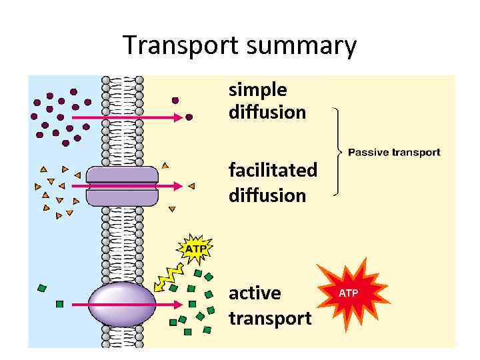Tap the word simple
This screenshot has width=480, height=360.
tap(258, 90)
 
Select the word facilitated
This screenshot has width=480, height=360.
tap(273, 170)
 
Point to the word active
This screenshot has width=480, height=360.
tap(255, 294)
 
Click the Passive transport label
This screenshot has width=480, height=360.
tap(394, 153)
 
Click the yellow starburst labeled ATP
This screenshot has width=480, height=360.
tap(195, 249)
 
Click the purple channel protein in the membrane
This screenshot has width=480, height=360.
tap(123, 186)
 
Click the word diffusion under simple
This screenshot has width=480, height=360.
tap(267, 112)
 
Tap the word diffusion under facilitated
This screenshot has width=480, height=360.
tap(267, 195)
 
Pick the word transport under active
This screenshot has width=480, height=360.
tap(270, 319)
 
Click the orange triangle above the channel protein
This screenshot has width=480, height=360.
tap(165, 165)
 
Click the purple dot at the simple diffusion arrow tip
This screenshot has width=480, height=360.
tap(189, 117)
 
